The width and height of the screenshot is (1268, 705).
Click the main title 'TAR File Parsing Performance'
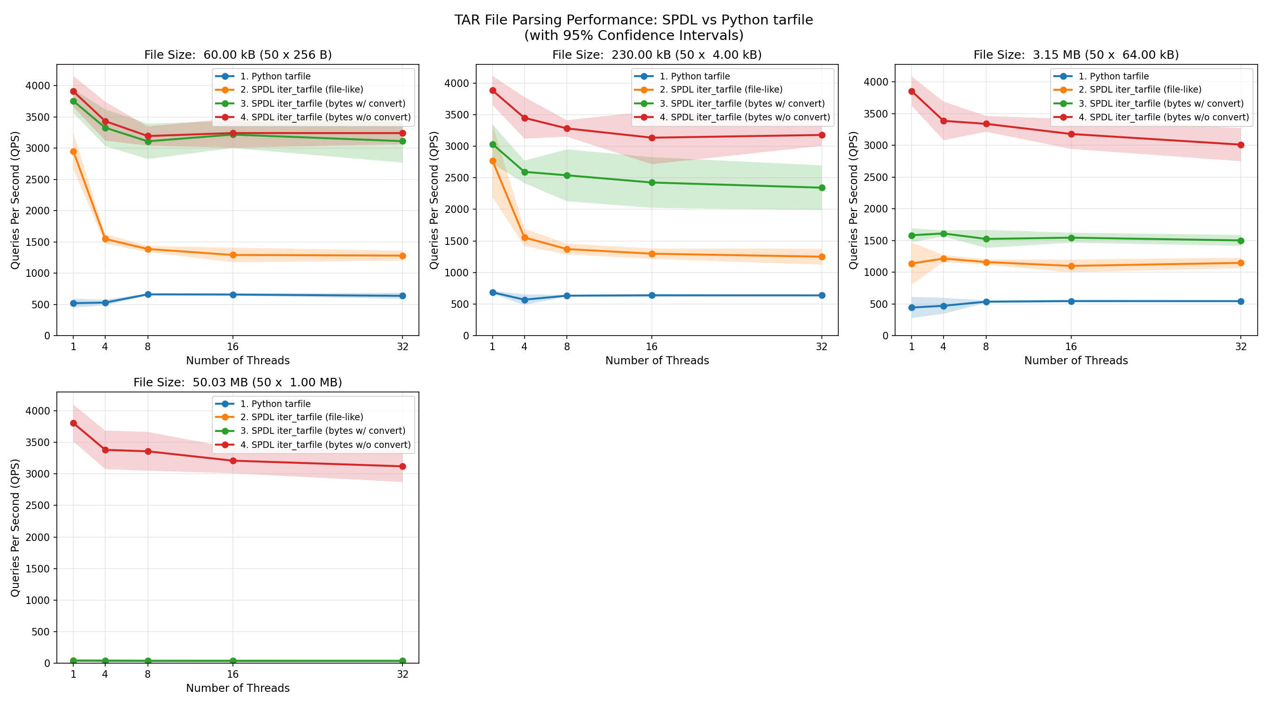click(x=633, y=20)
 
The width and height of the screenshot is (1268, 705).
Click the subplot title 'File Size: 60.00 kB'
click(x=238, y=55)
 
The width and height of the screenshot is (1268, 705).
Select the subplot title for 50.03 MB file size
click(x=237, y=382)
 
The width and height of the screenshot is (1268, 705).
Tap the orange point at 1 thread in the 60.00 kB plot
click(x=73, y=152)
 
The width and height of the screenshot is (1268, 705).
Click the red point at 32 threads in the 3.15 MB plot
click(x=1240, y=145)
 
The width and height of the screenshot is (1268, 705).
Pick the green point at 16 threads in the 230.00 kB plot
click(x=652, y=183)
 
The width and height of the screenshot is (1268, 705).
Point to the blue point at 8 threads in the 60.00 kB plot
click(x=147, y=295)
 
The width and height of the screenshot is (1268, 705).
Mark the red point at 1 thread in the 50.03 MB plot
click(x=73, y=423)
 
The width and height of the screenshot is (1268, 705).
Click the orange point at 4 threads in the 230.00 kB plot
click(x=524, y=237)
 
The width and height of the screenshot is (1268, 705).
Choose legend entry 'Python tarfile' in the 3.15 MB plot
click(x=1113, y=76)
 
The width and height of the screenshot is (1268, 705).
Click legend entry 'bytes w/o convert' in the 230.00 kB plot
click(x=744, y=117)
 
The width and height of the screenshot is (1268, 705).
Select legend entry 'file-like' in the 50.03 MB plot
click(x=301, y=417)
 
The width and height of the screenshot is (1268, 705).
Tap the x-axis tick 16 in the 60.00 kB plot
click(x=233, y=346)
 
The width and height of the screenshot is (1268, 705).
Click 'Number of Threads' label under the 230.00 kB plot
click(x=657, y=360)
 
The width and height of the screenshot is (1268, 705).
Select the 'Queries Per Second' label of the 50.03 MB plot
click(x=15, y=528)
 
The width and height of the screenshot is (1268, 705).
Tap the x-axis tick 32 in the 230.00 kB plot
click(x=821, y=346)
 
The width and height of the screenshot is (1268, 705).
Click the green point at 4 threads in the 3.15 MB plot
click(x=943, y=234)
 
